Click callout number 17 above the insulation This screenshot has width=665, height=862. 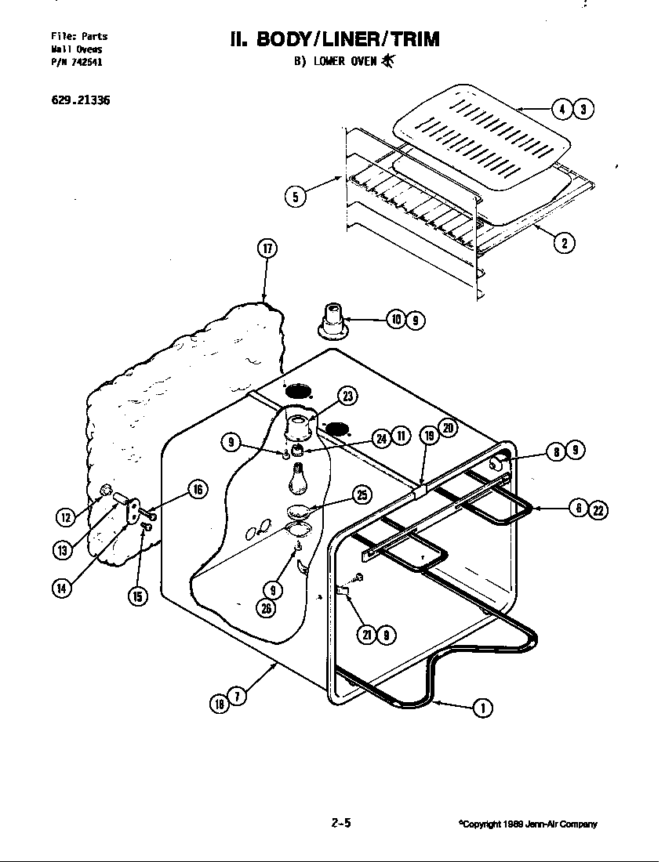[x=267, y=249]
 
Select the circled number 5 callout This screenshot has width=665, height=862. [x=296, y=197]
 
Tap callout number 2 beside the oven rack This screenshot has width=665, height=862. [x=564, y=242]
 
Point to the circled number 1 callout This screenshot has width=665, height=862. [x=483, y=708]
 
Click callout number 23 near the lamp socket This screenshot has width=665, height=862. [x=347, y=397]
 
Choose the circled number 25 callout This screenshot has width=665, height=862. [x=362, y=494]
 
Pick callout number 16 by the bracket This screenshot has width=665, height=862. [x=197, y=490]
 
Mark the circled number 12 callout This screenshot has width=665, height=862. [x=67, y=516]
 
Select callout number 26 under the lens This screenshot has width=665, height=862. [x=269, y=607]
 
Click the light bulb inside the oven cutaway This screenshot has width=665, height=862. [x=298, y=479]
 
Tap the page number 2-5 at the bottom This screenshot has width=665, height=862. [x=340, y=823]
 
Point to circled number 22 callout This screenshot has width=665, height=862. [x=598, y=509]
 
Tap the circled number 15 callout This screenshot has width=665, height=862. [x=137, y=596]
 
